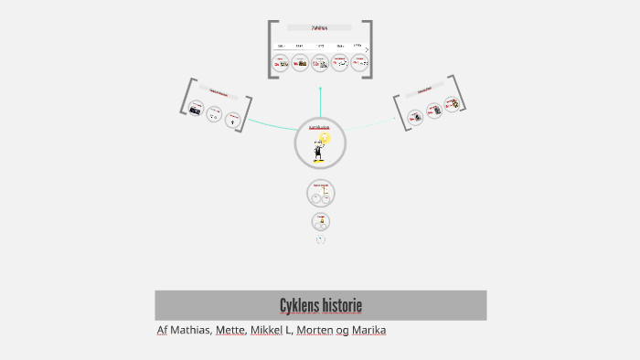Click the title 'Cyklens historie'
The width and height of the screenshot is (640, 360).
(320, 305)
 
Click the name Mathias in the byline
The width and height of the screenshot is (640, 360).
(189, 330)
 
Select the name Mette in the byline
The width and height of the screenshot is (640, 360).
(229, 330)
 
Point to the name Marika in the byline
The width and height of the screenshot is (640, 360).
(368, 330)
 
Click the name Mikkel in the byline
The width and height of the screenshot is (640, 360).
(268, 330)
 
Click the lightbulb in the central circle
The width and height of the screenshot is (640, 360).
(325, 138)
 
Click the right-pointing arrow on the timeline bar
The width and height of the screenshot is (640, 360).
(367, 48)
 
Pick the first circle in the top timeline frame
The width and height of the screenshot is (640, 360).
(280, 63)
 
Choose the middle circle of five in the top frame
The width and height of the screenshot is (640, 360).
(320, 63)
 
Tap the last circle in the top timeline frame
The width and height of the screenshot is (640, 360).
(360, 63)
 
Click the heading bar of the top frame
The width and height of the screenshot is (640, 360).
(320, 27)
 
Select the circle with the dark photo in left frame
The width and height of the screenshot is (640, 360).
(196, 108)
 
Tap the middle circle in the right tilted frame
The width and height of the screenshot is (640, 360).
(433, 109)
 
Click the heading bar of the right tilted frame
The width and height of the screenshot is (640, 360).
(424, 90)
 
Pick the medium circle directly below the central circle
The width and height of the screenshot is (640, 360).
(320, 193)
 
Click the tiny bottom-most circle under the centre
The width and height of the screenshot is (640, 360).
(320, 239)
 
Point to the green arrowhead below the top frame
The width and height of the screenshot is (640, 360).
(320, 88)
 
